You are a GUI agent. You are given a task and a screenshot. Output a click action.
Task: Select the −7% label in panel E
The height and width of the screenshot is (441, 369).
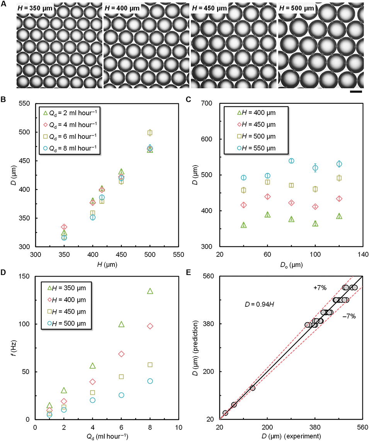(349, 316)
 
